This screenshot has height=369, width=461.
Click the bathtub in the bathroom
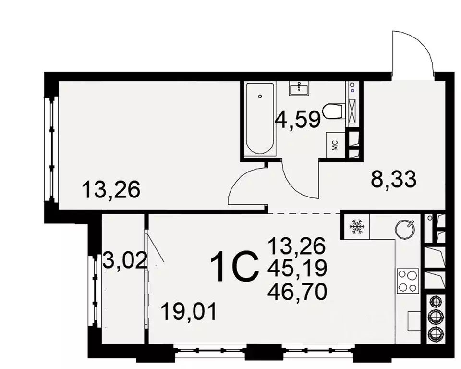[259, 119]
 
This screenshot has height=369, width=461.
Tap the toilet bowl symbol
[333, 111]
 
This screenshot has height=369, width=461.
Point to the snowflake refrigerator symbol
[356, 226]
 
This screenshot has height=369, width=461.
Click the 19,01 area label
[189, 311]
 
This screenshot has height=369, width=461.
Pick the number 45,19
[297, 269]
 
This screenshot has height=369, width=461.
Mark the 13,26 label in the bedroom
[111, 190]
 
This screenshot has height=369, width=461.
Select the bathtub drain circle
[260, 96]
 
